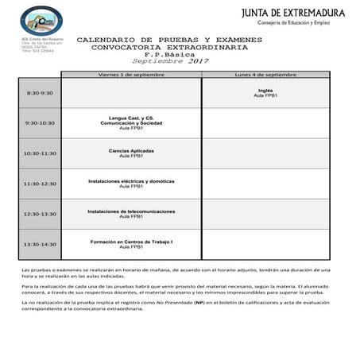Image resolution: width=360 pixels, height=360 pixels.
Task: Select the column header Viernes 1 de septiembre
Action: pos(131,74)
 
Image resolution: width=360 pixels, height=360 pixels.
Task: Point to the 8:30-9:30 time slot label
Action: pos(40,93)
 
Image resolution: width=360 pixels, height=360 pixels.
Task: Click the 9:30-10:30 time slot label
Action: pos(40,123)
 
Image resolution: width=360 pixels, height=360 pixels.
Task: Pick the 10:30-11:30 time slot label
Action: pos(40,153)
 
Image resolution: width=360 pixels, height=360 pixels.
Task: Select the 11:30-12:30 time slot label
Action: pos(40,184)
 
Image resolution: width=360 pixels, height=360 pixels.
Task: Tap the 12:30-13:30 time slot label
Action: pos(40,214)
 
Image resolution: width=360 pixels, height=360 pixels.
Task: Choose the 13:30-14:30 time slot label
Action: pos(40,244)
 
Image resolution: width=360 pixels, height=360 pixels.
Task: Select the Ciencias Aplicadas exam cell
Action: pos(131,153)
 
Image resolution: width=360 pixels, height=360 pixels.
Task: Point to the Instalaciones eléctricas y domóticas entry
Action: pos(131,183)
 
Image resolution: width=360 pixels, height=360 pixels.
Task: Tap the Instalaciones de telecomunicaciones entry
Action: pos(131,213)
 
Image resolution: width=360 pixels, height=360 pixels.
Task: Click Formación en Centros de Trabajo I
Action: pos(131,243)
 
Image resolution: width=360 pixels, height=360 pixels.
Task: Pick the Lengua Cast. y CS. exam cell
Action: pos(131,122)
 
